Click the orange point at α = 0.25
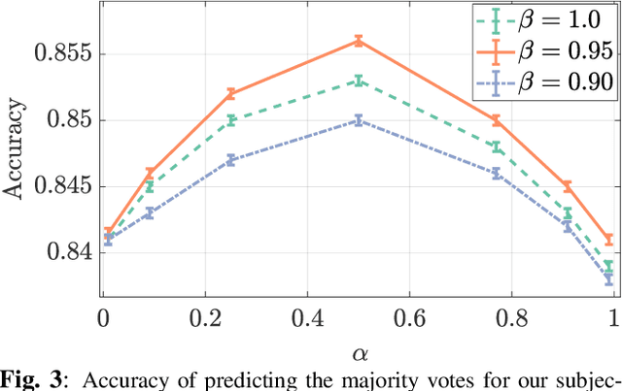tap(231, 94)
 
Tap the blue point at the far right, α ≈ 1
tap(608, 279)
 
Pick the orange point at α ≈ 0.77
tap(496, 120)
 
